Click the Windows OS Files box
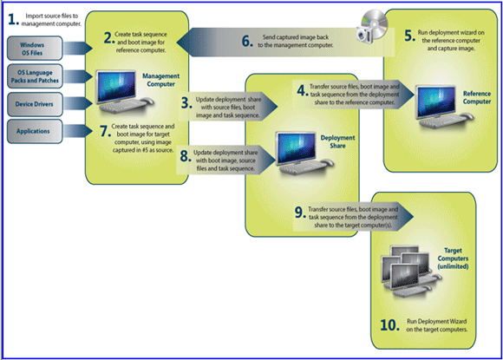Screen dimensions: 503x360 coord(35,49)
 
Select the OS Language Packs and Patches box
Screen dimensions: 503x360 coord(35,76)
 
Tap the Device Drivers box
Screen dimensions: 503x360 coord(35,104)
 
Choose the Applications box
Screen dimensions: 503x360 coord(35,131)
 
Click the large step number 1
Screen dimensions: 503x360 coord(13,20)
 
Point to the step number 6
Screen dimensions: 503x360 coord(247,41)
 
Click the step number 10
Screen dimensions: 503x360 coord(389,325)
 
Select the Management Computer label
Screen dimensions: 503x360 coord(160,80)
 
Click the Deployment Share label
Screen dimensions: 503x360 coord(337,141)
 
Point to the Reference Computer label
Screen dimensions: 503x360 coord(477,97)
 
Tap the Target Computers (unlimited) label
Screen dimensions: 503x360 coord(453,259)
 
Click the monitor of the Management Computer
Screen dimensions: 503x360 coord(116,86)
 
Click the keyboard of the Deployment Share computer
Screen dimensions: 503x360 coord(300,167)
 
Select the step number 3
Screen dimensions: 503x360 coord(186,103)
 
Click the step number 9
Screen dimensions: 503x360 coord(299,213)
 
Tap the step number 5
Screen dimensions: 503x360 coord(409,36)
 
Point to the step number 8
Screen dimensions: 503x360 coord(186,156)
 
